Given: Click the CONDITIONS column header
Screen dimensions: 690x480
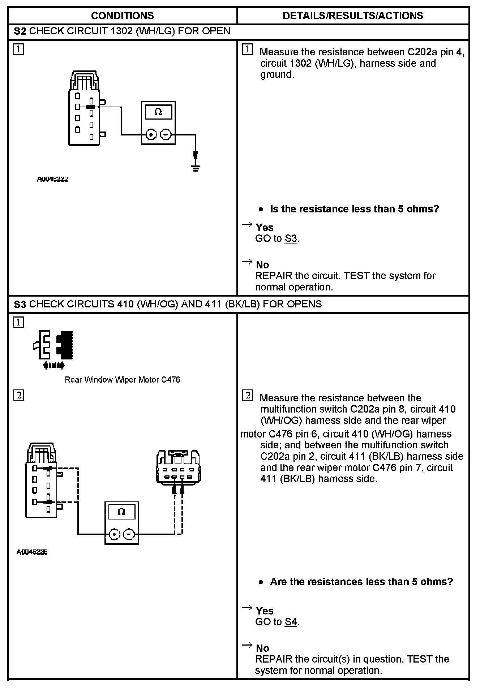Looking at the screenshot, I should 122,16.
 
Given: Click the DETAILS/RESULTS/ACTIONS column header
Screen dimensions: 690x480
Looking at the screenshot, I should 353,16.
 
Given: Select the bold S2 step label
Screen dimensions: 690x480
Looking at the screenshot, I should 20,31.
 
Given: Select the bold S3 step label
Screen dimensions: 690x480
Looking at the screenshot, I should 20,305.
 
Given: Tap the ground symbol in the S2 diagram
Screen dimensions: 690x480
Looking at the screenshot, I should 196,167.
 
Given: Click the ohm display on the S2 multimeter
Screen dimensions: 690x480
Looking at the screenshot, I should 158,112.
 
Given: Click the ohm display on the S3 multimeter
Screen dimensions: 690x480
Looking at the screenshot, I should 121,512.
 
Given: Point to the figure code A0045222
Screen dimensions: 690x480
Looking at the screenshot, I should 52,179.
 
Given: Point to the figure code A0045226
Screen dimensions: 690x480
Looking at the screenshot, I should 32,552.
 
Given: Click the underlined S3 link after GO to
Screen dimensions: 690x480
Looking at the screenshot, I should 291,239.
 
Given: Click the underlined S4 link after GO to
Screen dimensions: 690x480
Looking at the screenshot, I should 291,622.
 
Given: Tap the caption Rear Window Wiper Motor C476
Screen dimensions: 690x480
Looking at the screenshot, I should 122,380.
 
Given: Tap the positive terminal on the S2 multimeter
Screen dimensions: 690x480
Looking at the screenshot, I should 151,135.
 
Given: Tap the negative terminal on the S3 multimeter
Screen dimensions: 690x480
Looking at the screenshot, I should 129,534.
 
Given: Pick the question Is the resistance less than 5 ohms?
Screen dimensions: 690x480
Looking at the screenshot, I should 354,209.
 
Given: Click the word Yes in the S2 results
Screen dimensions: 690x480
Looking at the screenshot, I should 264,228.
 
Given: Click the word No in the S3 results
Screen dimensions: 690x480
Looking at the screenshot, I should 262,648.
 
